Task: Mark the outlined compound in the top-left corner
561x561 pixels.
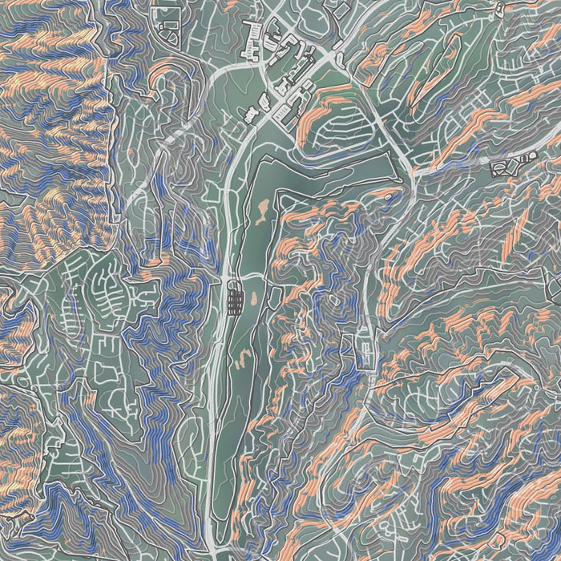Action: point(171,28)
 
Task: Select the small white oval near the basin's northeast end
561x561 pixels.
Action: point(389,195)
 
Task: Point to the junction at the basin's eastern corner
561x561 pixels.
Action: point(410,172)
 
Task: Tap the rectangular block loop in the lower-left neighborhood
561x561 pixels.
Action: point(106,371)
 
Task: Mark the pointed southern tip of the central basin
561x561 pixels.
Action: point(215,513)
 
